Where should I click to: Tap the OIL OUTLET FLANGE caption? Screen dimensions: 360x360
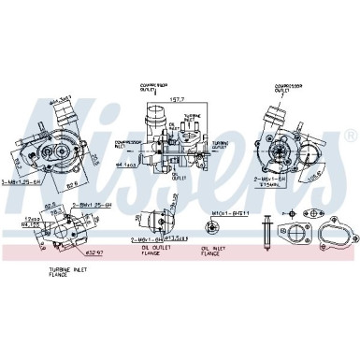[x=154, y=251]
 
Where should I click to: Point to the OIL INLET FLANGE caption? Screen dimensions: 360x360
[x=211, y=251]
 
